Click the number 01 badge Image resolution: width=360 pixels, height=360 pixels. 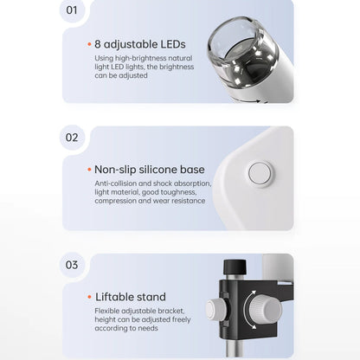[72, 10]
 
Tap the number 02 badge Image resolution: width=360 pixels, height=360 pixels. [72, 138]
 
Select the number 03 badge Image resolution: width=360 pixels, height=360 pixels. [72, 265]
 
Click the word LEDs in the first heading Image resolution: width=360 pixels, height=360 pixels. [173, 44]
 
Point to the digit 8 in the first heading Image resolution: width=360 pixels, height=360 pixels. [98, 44]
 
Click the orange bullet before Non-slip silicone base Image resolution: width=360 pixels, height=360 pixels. [89, 170]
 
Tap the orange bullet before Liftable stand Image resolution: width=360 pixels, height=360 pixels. [89, 297]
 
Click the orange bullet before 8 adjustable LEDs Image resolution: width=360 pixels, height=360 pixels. [89, 44]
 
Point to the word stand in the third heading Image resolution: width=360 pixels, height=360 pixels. [151, 297]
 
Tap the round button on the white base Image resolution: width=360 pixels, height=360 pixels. [260, 174]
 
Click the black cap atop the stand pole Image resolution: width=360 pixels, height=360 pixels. [235, 267]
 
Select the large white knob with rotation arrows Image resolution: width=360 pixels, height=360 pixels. [266, 309]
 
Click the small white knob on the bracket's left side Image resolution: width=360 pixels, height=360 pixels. [215, 309]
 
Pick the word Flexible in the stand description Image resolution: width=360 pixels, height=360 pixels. [107, 311]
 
